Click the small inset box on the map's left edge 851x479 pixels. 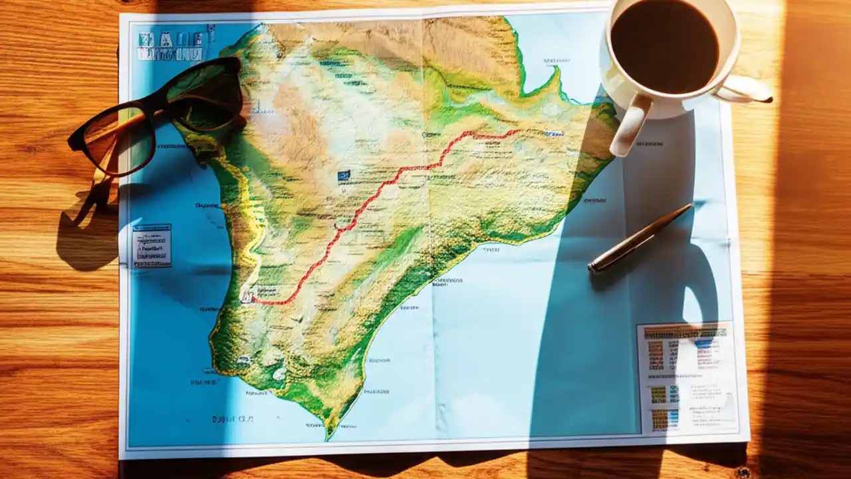[152, 245]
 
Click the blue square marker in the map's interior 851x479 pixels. [344, 176]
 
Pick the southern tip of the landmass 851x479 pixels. [328, 436]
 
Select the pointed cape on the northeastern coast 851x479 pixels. [553, 79]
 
